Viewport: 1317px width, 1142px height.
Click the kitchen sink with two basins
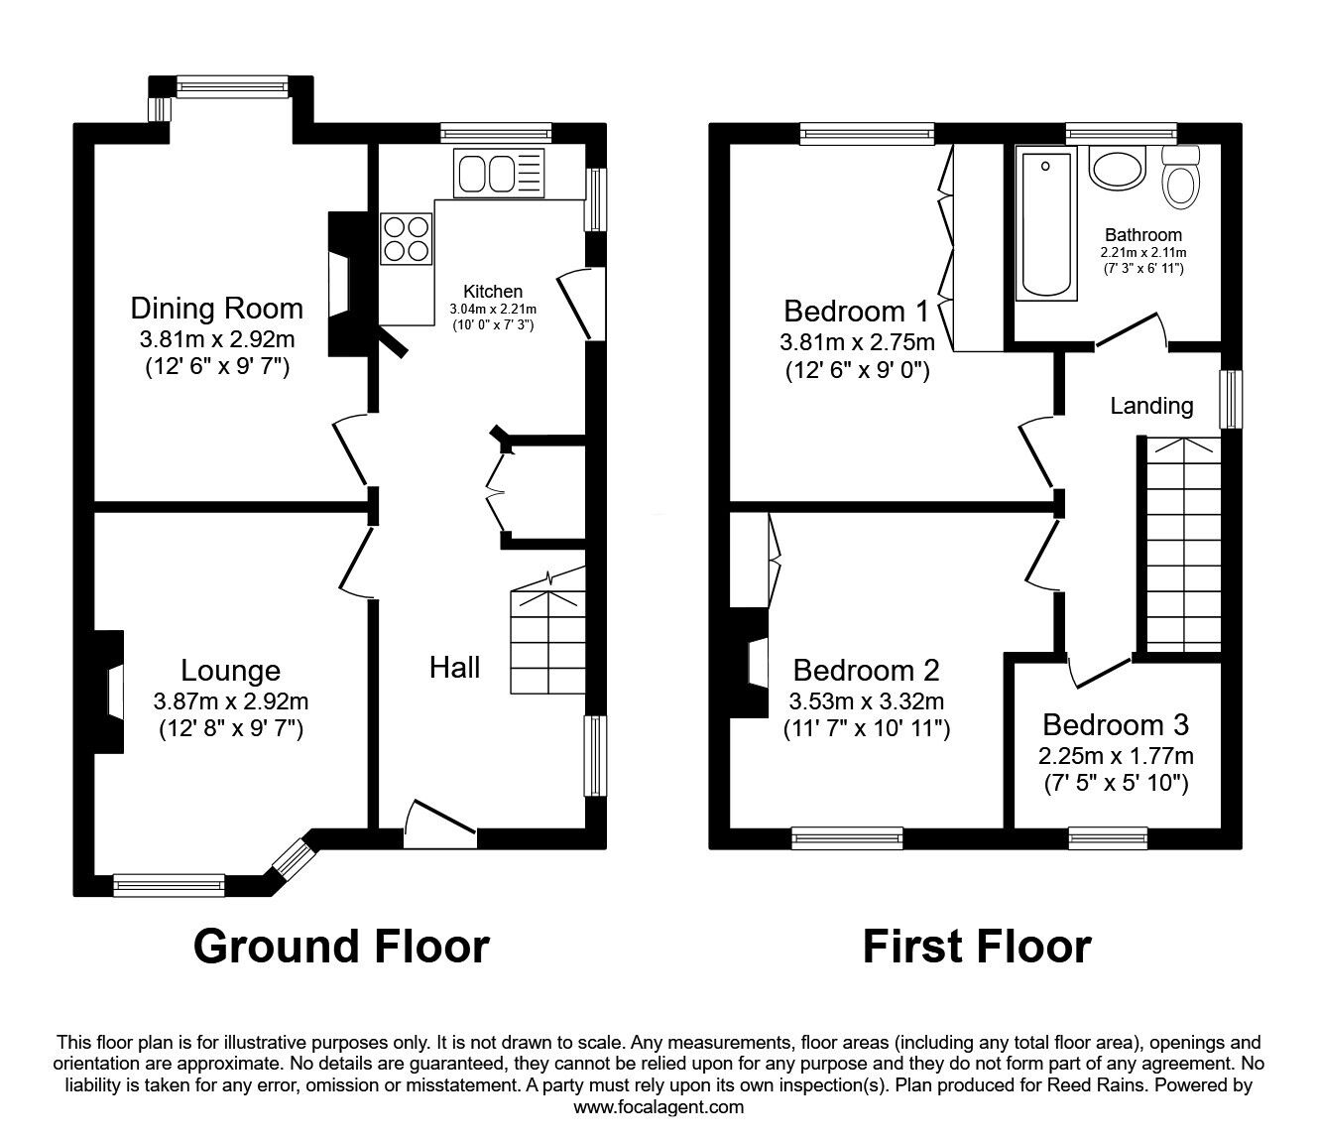pos(500,173)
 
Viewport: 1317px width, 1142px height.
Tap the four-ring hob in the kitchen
pos(406,239)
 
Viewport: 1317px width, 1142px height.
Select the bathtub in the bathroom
pos(1046,225)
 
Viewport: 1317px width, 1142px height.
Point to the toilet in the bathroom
pos(1180,179)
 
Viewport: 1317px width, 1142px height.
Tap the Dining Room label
pos(217,308)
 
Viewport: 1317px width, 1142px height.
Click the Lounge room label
pos(230,671)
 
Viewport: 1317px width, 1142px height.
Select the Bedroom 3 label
pos(1116,724)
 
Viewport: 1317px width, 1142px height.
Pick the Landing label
pos(1151,406)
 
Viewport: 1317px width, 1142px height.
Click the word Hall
pos(454,667)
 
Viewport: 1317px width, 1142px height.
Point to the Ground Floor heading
pos(341,947)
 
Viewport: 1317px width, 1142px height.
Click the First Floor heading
pos(976,947)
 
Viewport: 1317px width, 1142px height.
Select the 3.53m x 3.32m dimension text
pos(867,701)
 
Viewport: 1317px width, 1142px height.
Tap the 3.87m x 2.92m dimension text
pos(231,701)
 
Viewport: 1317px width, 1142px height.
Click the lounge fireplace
pos(107,692)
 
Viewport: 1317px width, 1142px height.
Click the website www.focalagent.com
pos(658,1107)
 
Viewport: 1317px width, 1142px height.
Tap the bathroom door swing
pos(1131,330)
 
